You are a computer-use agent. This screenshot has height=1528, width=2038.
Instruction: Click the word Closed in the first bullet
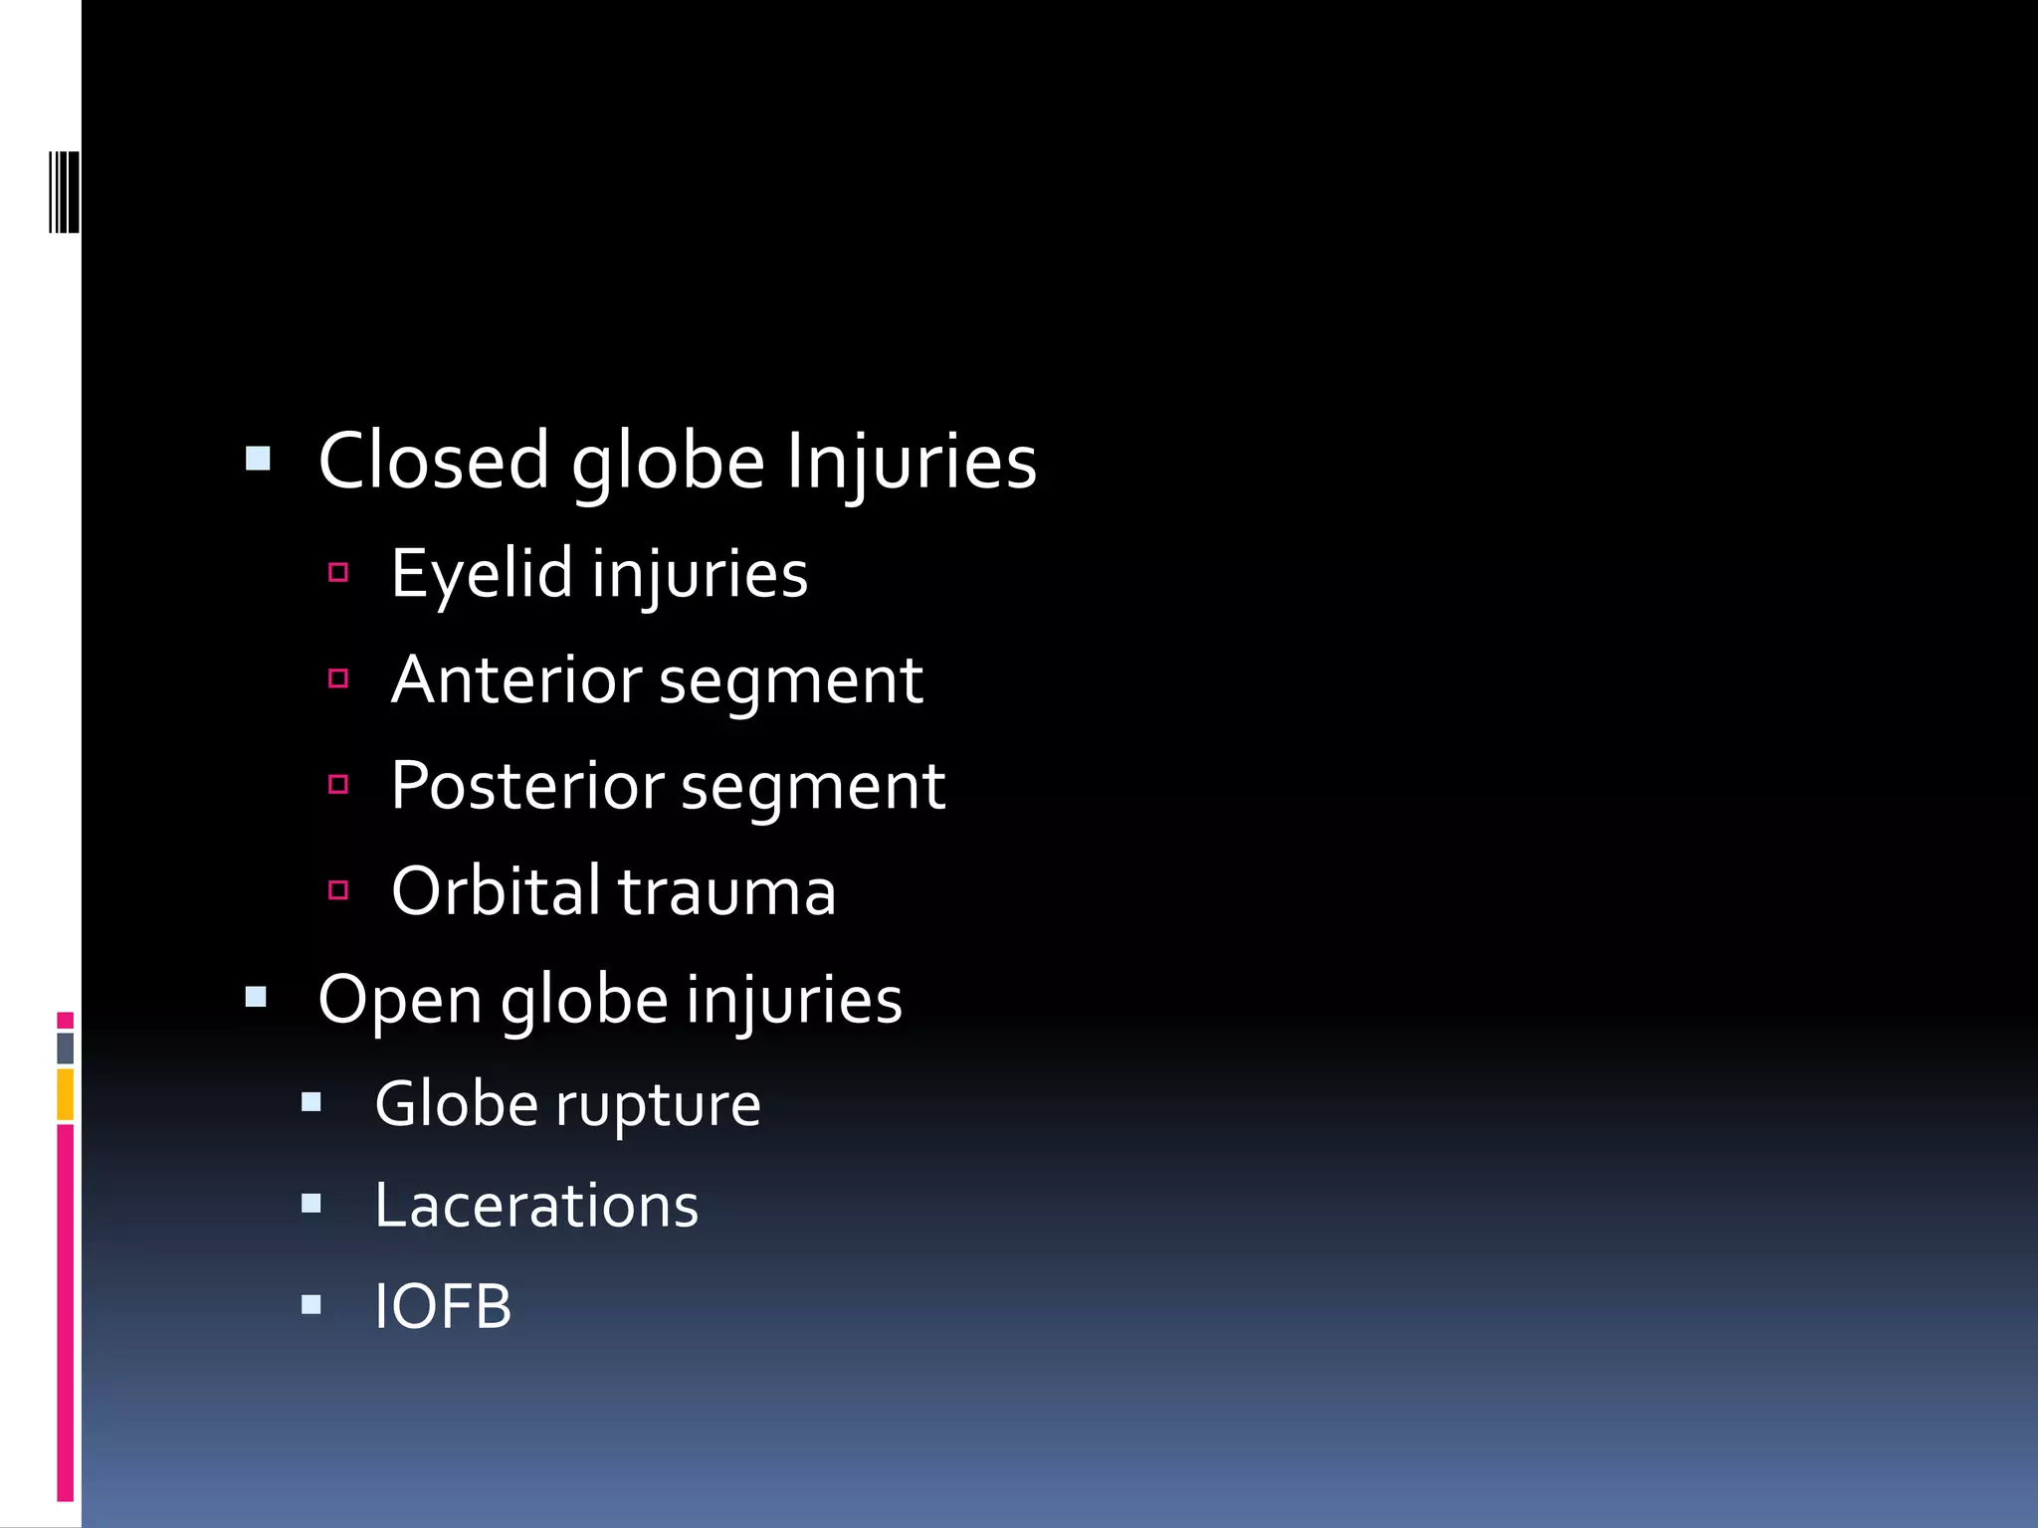(x=433, y=461)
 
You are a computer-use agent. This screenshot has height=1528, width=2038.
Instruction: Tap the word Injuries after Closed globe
(x=912, y=461)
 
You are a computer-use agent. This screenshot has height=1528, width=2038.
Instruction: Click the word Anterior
(x=516, y=680)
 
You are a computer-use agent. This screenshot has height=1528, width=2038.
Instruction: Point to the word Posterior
(x=526, y=786)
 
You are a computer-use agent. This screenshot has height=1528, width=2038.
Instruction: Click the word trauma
(x=727, y=892)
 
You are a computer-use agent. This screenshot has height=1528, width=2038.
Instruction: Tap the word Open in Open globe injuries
(x=399, y=999)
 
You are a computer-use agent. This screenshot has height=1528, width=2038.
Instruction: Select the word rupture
(x=658, y=1104)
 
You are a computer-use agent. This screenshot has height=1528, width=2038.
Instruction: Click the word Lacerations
(x=536, y=1206)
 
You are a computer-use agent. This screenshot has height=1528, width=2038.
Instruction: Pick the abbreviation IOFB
(x=443, y=1306)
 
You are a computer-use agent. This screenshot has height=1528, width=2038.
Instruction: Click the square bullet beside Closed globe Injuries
(x=258, y=459)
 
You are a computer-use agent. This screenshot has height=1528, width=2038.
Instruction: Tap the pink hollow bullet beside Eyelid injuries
(x=338, y=572)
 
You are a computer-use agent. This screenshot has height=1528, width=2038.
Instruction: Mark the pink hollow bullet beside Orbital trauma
(x=338, y=889)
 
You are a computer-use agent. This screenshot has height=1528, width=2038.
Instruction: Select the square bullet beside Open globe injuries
(x=257, y=997)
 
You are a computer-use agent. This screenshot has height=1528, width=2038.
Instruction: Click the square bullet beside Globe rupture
(x=311, y=1102)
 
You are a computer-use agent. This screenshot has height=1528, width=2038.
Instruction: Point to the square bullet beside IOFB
(x=311, y=1304)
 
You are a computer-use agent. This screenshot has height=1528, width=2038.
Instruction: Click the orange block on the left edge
(x=66, y=1094)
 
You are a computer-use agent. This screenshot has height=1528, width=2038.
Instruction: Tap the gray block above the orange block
(x=66, y=1048)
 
